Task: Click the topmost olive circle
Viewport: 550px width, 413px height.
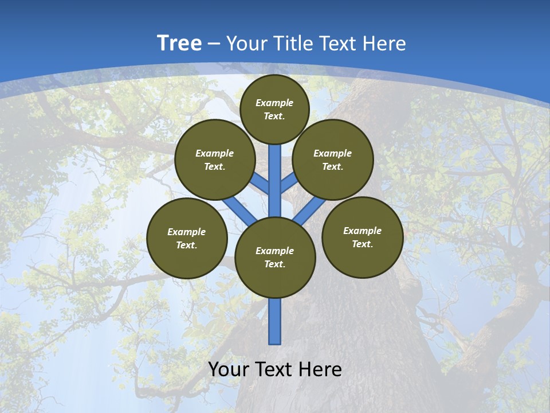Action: point(274,109)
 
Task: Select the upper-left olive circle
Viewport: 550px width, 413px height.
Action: point(215,159)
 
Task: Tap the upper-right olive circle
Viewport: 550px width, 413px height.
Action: point(333,159)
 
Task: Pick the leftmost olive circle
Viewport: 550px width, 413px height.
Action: point(187,238)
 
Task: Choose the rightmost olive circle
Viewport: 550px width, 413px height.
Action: point(363,237)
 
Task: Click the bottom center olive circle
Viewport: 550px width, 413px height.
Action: point(275,258)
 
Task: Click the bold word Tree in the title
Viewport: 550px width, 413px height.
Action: point(179,43)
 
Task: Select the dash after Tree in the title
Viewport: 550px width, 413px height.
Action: point(214,44)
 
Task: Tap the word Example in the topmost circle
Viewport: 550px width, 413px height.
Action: point(274,103)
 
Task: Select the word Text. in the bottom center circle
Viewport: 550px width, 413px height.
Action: point(274,264)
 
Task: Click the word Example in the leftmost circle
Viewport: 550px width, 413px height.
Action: point(186,232)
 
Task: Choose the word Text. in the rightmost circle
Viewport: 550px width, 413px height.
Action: point(362,244)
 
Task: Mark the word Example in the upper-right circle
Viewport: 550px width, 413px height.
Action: point(332,153)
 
